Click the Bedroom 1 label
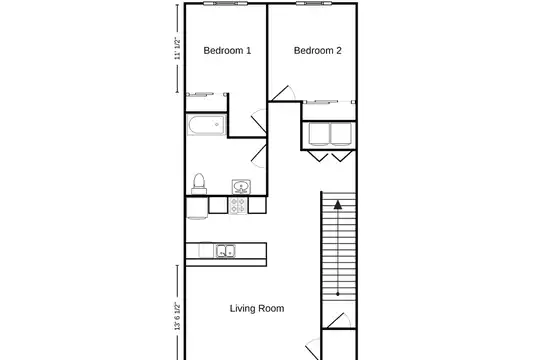(x=227, y=51)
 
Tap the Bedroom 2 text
(x=318, y=51)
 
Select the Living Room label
(x=257, y=308)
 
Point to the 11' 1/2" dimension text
(x=177, y=48)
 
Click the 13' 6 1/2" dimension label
(x=177, y=316)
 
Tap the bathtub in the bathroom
(x=207, y=125)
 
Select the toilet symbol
(x=199, y=184)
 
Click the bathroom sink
(x=241, y=187)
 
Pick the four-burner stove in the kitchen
(x=238, y=206)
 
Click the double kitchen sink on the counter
(x=226, y=251)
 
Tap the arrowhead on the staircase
(x=338, y=205)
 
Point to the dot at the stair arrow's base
(x=338, y=294)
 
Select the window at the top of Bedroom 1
(x=226, y=3)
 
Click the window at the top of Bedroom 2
(x=314, y=3)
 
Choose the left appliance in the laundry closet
(x=319, y=134)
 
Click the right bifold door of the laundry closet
(x=342, y=155)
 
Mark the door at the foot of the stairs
(x=336, y=321)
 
